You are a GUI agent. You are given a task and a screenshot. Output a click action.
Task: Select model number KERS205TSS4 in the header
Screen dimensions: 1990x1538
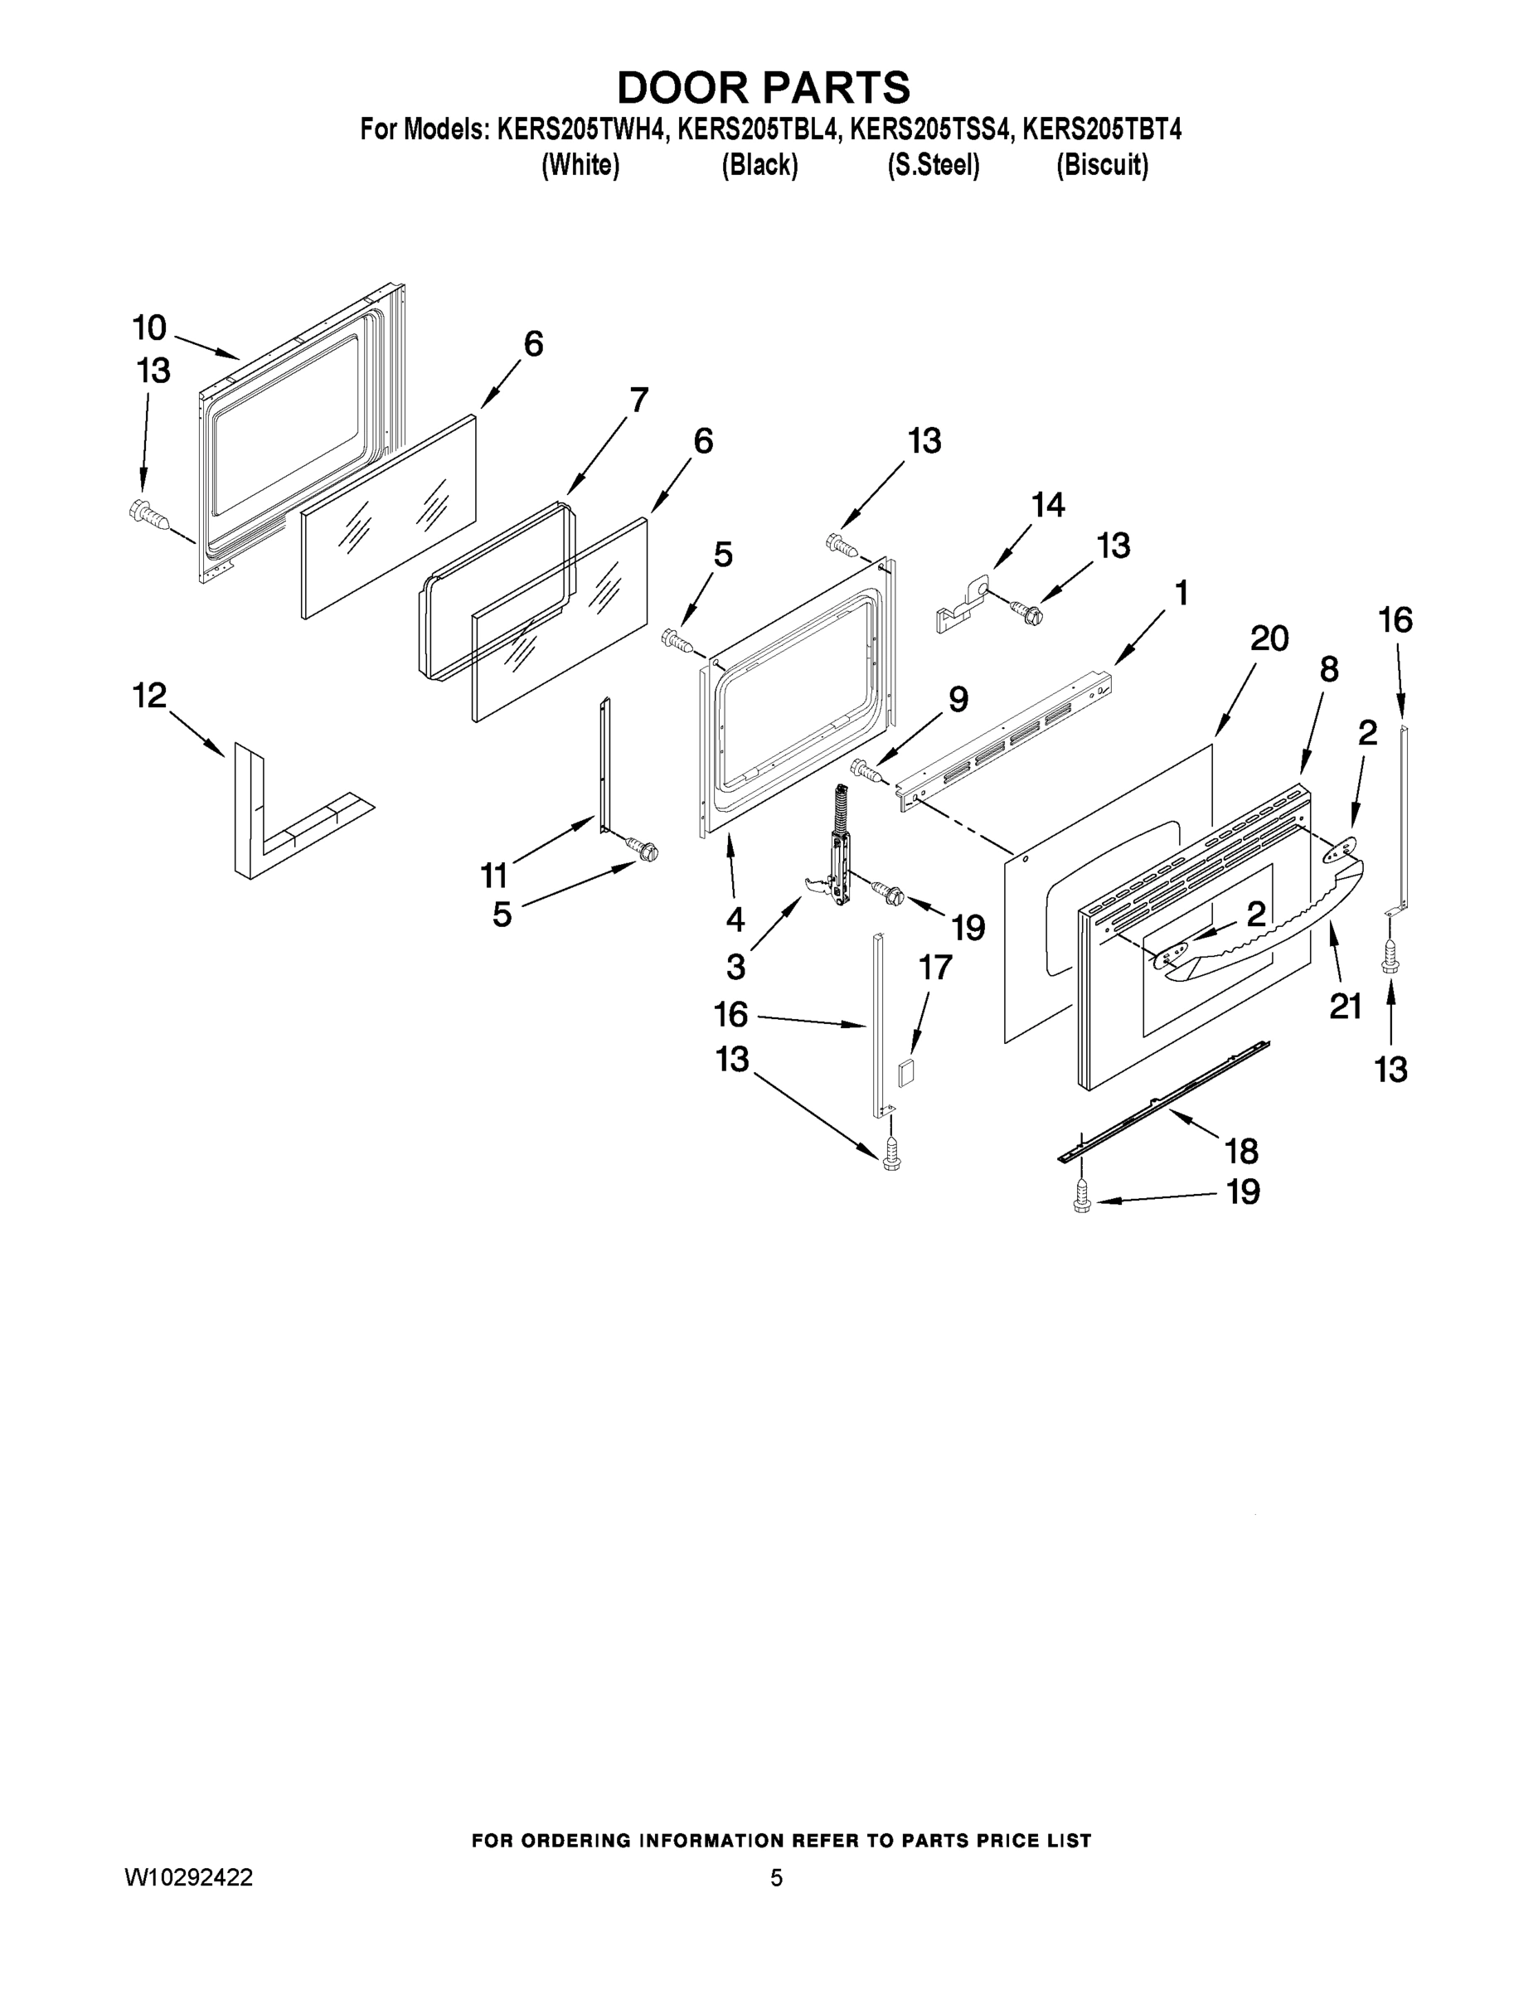pos(930,130)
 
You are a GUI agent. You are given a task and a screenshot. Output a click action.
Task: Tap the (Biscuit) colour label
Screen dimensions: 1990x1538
pos(1102,165)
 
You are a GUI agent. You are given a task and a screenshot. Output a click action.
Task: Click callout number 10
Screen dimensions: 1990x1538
pos(149,328)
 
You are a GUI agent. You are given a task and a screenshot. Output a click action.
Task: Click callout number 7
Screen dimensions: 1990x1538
pos(638,399)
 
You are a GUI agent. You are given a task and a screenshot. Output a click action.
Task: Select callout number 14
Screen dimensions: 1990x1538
pos(1048,504)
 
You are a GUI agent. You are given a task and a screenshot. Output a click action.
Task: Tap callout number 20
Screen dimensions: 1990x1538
pos(1269,638)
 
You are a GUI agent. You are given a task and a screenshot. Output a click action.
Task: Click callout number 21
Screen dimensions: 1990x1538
pos(1345,1006)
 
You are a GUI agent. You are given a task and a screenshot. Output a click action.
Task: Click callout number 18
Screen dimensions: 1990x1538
pos(1242,1152)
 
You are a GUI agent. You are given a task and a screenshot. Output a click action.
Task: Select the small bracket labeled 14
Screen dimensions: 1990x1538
pos(960,603)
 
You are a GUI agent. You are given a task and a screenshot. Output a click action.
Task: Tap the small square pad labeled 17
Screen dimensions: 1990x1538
pos(906,1070)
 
